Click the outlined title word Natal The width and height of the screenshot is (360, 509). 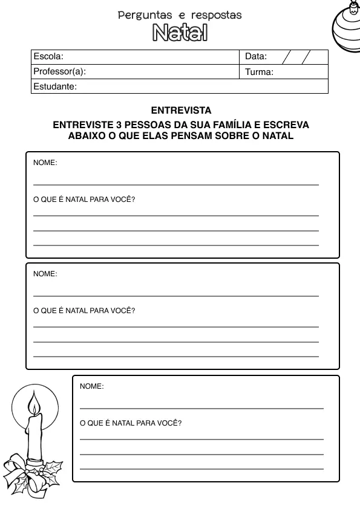tap(180, 33)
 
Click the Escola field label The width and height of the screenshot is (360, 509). tap(48, 57)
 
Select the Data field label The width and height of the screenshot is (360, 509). tap(256, 57)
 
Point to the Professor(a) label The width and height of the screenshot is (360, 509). tap(59, 72)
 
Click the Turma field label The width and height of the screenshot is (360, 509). tap(259, 72)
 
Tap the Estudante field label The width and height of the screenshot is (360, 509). tap(54, 86)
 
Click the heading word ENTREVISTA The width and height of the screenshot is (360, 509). tap(181, 111)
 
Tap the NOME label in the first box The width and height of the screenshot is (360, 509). tap(45, 163)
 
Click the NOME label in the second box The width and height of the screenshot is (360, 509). tap(45, 274)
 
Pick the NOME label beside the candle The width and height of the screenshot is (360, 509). tap(91, 386)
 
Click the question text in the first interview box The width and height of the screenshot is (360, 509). tap(84, 199)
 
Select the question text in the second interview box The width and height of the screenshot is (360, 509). tap(84, 311)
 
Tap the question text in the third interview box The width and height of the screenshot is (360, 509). tap(131, 423)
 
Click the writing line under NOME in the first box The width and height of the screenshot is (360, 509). tap(175, 184)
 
